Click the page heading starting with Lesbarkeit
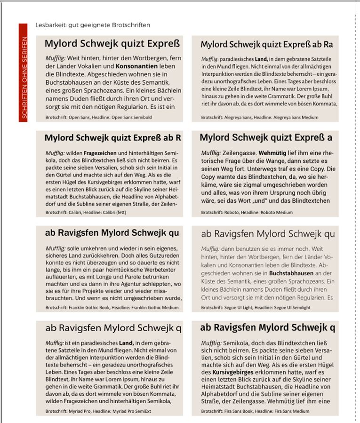tap(93, 25)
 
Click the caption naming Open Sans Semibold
tap(98, 117)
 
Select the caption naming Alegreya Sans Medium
tap(258, 117)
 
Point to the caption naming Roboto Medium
tap(247, 213)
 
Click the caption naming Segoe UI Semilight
tap(256, 307)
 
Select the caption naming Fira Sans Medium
tap(255, 411)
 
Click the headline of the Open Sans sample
tap(112, 45)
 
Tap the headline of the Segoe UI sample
tap(268, 233)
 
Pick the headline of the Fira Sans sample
tap(268, 327)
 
